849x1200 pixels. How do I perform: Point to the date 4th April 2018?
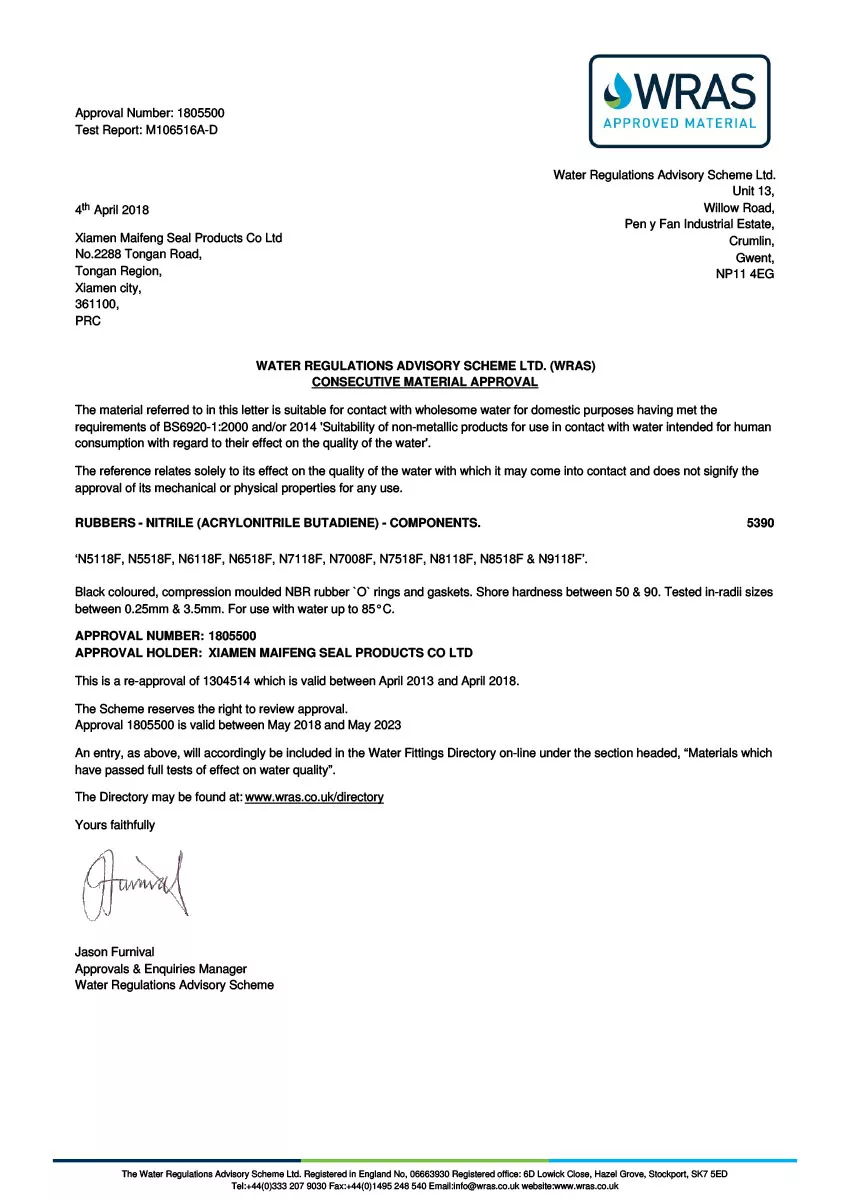[x=112, y=210]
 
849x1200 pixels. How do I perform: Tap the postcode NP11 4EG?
[x=745, y=274]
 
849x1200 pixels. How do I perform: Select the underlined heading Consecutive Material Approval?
[x=425, y=382]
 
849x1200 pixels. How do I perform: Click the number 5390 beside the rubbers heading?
[x=760, y=523]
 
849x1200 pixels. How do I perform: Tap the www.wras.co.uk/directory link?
[x=314, y=797]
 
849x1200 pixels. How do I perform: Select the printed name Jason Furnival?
[x=115, y=952]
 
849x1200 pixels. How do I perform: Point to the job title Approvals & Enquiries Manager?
[x=161, y=969]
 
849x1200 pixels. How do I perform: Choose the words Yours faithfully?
[x=115, y=825]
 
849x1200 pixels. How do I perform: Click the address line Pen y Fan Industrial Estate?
[x=699, y=224]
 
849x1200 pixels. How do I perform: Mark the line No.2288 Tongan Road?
[x=139, y=254]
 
